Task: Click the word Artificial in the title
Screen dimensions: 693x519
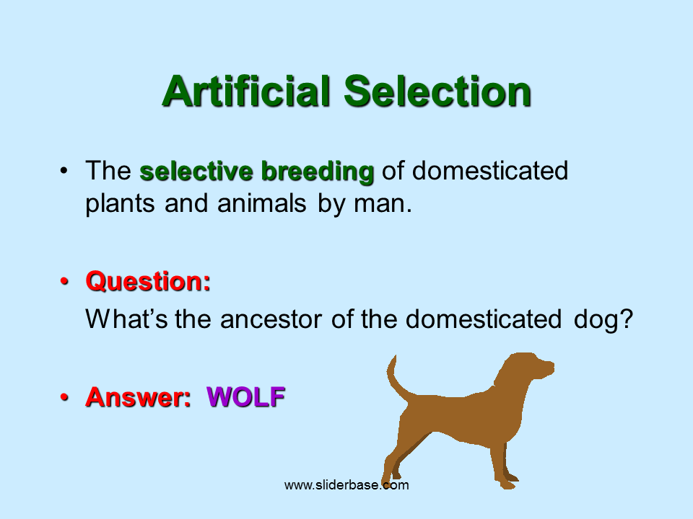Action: pyautogui.click(x=246, y=91)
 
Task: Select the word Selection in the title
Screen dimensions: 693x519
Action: pyautogui.click(x=437, y=91)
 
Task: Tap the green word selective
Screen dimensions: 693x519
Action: pyautogui.click(x=196, y=172)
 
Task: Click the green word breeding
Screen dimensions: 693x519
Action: pyautogui.click(x=318, y=172)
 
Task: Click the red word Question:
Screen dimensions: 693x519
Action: pyautogui.click(x=148, y=282)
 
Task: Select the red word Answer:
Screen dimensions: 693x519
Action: pyautogui.click(x=138, y=396)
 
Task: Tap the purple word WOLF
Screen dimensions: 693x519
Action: pyautogui.click(x=245, y=396)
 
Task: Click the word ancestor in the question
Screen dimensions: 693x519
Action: pyautogui.click(x=271, y=319)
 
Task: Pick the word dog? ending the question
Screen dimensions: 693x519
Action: pyautogui.click(x=603, y=319)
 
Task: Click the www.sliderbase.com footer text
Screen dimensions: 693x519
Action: pyautogui.click(x=346, y=485)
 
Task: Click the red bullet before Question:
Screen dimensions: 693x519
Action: pyautogui.click(x=64, y=281)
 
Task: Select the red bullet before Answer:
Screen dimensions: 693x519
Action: pyautogui.click(x=64, y=397)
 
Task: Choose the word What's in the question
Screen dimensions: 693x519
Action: pyautogui.click(x=126, y=319)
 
